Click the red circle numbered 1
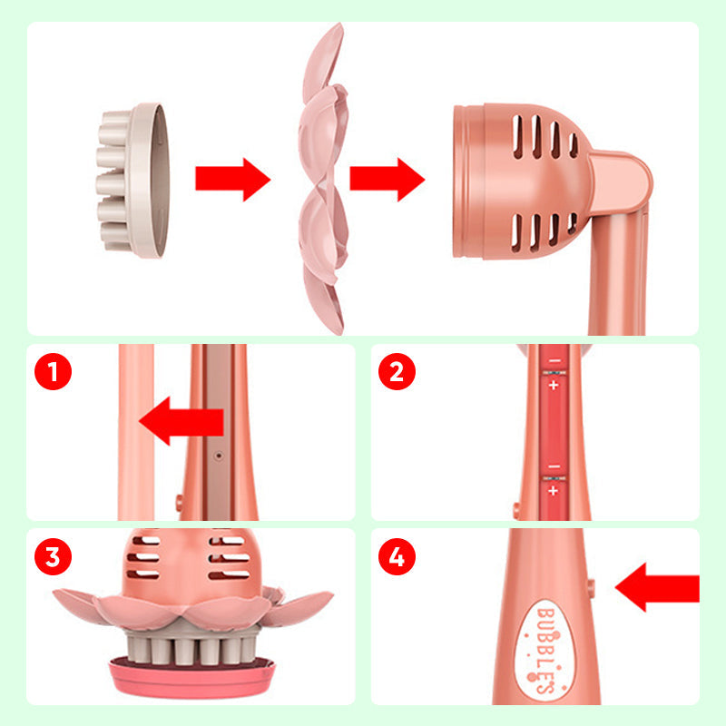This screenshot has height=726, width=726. tap(53, 371)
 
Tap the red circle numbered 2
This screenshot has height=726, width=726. tap(397, 371)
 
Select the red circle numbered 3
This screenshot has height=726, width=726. tap(53, 556)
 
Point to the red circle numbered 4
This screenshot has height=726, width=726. tap(397, 556)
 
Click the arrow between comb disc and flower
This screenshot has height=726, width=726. tap(233, 179)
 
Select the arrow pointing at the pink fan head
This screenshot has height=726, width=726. tap(388, 179)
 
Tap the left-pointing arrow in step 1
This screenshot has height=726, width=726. tap(181, 421)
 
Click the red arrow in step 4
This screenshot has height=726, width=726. tap(657, 587)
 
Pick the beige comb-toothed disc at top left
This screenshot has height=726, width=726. tap(132, 180)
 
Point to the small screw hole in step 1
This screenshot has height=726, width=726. tap(219, 456)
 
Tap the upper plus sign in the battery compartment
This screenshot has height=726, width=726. tap(554, 385)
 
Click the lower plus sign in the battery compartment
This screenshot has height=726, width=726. tap(554, 491)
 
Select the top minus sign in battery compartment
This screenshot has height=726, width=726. tap(554, 360)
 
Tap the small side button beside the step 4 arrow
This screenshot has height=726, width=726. tap(592, 587)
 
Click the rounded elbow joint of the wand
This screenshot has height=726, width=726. tap(621, 181)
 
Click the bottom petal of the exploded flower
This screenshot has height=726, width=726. tap(324, 298)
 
